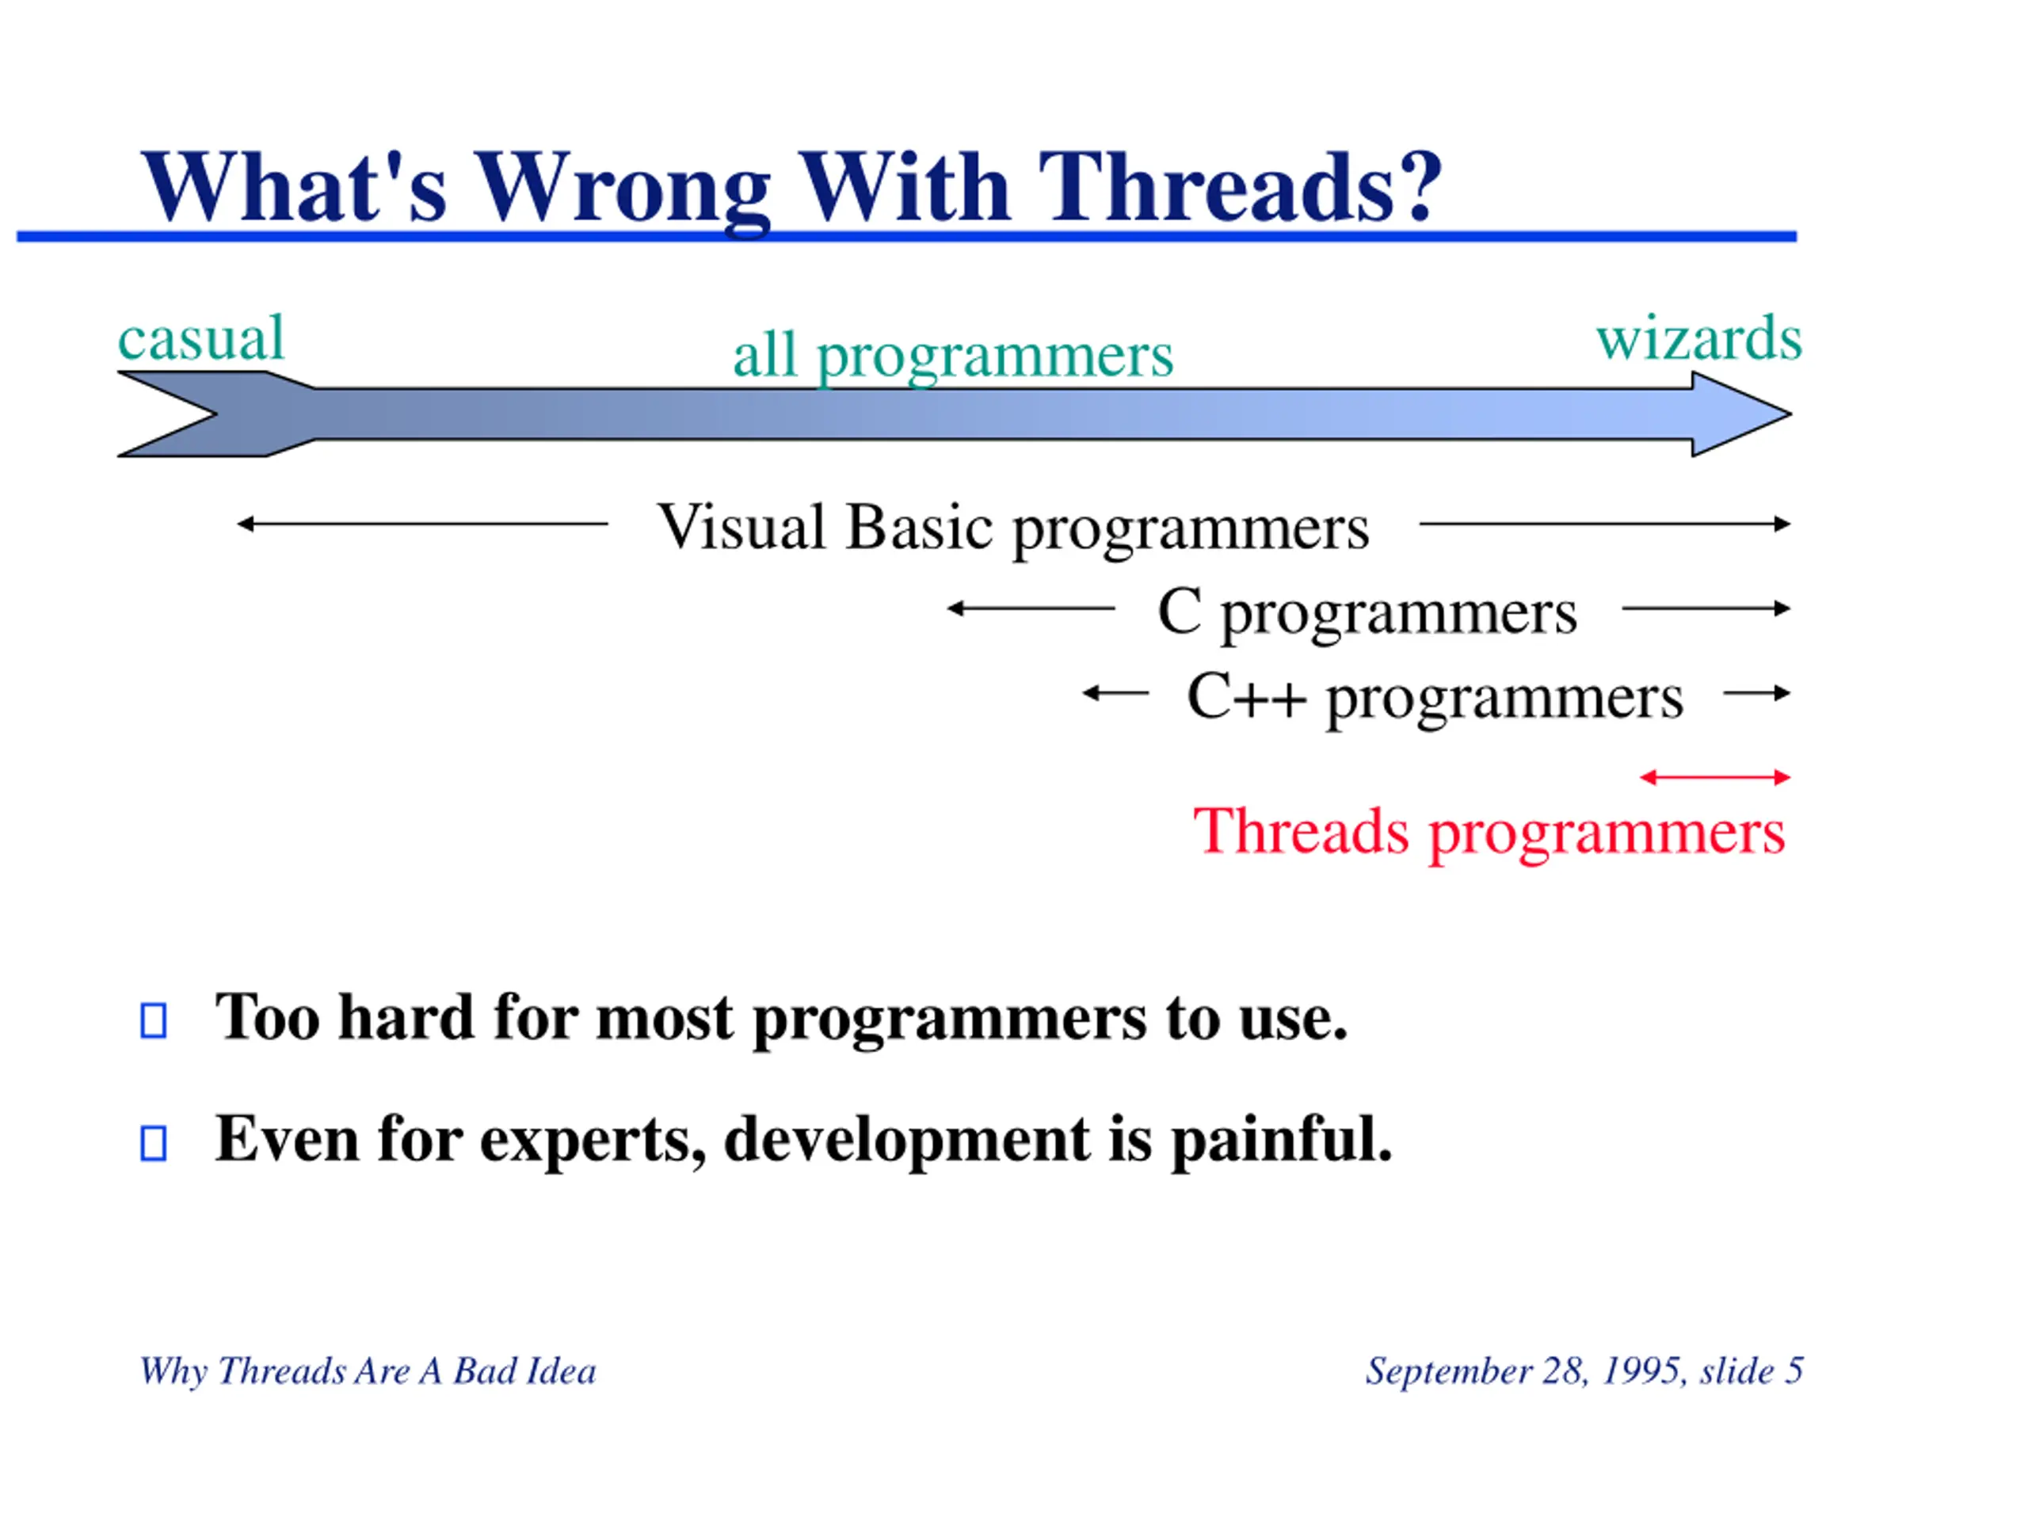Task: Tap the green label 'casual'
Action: click(200, 337)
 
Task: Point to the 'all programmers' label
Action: click(952, 356)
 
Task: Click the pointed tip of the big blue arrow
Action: click(1791, 414)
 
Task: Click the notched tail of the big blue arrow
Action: click(216, 414)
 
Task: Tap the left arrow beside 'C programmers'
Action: click(1031, 608)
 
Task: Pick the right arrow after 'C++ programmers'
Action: click(1756, 693)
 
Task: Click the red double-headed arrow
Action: click(1714, 777)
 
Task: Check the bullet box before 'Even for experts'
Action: click(153, 1143)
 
